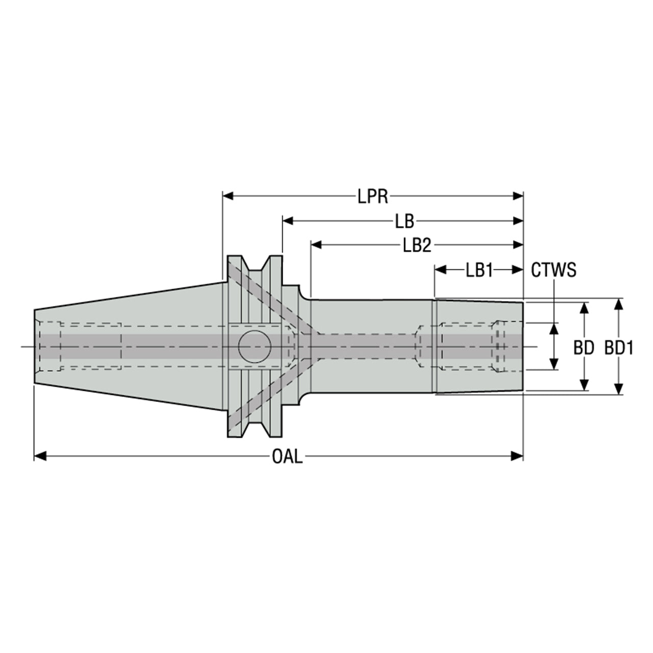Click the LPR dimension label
point(373,196)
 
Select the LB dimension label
point(405,221)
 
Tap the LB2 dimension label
point(417,245)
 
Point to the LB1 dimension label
point(479,270)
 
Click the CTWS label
point(554,270)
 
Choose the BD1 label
point(619,348)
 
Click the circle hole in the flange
point(255,346)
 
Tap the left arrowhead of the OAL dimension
point(40,456)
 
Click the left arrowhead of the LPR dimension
point(228,196)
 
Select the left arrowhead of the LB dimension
point(288,221)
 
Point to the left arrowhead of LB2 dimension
point(316,245)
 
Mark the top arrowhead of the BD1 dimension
point(619,305)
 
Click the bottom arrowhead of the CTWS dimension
point(554,364)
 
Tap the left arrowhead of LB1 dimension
point(441,270)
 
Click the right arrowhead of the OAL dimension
point(518,456)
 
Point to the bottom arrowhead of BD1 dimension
point(619,388)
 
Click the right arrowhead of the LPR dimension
point(518,196)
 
